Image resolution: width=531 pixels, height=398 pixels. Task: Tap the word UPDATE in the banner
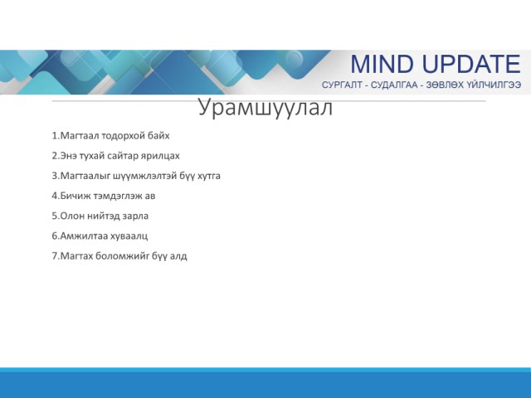click(x=472, y=65)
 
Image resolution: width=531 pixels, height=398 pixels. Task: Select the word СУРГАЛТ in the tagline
click(x=342, y=85)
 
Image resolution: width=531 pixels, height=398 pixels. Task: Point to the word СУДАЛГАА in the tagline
click(x=394, y=85)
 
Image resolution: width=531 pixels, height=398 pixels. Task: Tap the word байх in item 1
click(x=158, y=136)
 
